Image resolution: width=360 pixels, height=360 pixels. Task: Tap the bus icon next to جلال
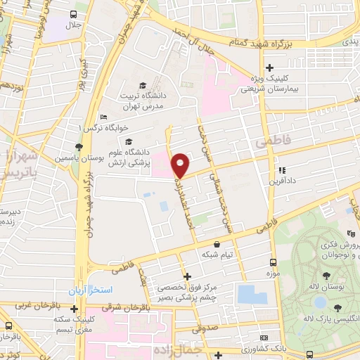click(75, 14)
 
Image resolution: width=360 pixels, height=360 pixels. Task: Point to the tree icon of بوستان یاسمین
click(79, 146)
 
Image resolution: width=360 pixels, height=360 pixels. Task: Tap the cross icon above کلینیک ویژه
click(269, 67)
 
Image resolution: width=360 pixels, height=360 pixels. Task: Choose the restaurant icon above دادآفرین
click(282, 170)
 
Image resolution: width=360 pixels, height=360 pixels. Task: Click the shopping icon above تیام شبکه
click(217, 244)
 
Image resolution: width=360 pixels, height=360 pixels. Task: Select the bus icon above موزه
click(273, 262)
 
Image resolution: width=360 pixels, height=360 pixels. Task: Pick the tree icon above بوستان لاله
click(326, 276)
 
